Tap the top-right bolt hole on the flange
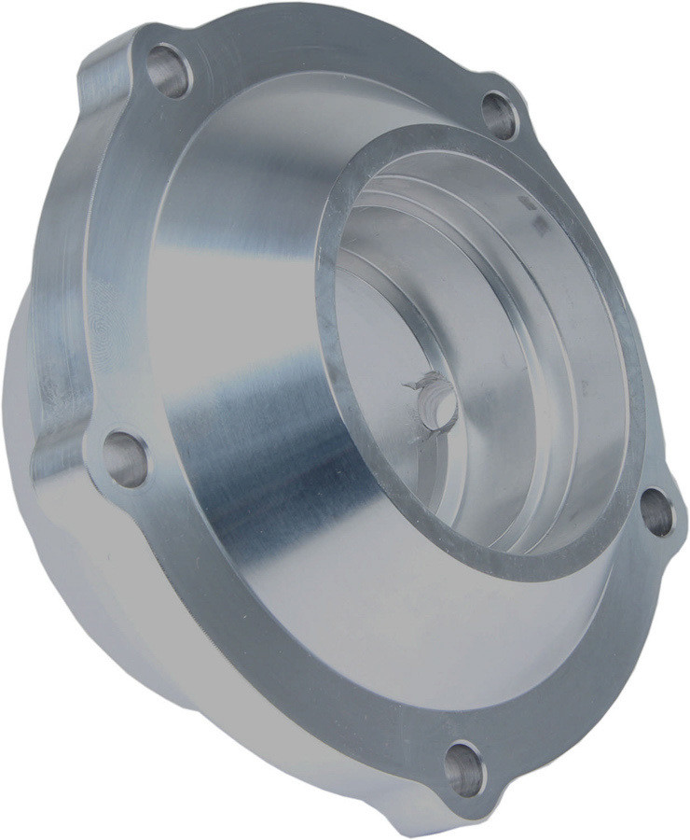click(500, 116)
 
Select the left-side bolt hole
click(124, 458)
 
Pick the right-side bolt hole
click(657, 512)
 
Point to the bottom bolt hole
click(463, 768)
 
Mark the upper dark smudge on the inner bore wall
click(526, 202)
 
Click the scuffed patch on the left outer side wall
click(56, 373)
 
